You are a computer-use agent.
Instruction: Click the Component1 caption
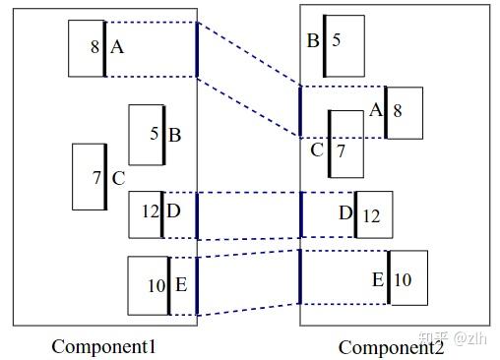tap(103, 345)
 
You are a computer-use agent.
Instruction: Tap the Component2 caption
tap(391, 346)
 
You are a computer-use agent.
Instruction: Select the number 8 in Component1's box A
tap(94, 47)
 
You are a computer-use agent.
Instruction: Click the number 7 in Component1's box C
tap(96, 178)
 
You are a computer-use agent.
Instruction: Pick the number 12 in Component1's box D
tap(150, 210)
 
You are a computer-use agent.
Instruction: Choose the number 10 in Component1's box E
tap(156, 286)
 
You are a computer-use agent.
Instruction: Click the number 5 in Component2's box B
tap(337, 40)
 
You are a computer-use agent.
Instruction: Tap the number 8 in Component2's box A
tap(398, 111)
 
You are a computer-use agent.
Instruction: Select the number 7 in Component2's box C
tap(342, 151)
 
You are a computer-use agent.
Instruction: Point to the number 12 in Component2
tap(371, 215)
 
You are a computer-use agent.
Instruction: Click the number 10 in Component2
tap(404, 280)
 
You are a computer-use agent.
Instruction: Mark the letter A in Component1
tap(117, 46)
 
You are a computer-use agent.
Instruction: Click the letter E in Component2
tap(378, 279)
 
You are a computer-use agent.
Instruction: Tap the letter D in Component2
tap(345, 213)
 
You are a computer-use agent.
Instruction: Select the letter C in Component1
tap(118, 178)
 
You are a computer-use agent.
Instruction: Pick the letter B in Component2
tap(313, 40)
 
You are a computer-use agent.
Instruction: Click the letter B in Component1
tap(174, 135)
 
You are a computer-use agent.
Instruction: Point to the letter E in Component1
tap(181, 285)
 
